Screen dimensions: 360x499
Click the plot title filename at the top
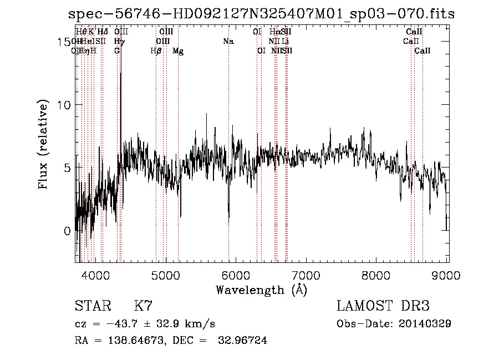coord(261,14)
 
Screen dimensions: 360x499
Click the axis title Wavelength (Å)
coord(261,290)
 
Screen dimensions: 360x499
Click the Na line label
coord(228,41)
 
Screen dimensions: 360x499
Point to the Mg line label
coord(178,51)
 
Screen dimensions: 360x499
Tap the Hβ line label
coord(156,51)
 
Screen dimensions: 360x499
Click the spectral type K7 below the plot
coord(143,306)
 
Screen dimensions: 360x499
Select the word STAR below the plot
coord(93,306)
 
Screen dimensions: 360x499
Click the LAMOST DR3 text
coord(383,306)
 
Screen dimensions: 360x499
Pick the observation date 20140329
coord(425,324)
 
